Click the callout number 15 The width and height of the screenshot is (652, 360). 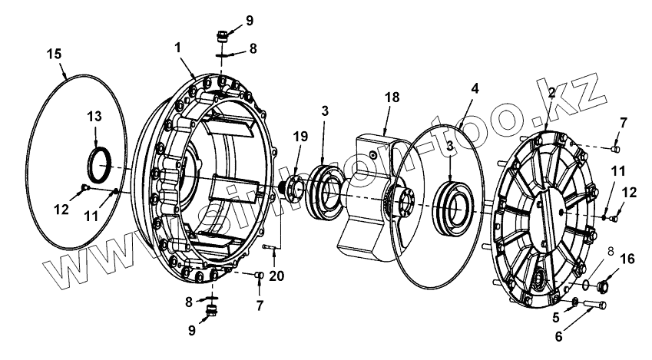53,54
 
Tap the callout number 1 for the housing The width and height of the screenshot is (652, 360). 178,47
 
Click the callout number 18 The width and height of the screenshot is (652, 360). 392,98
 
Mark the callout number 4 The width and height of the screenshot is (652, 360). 475,88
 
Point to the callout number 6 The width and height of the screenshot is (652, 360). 558,335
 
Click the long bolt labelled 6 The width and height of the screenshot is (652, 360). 591,307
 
